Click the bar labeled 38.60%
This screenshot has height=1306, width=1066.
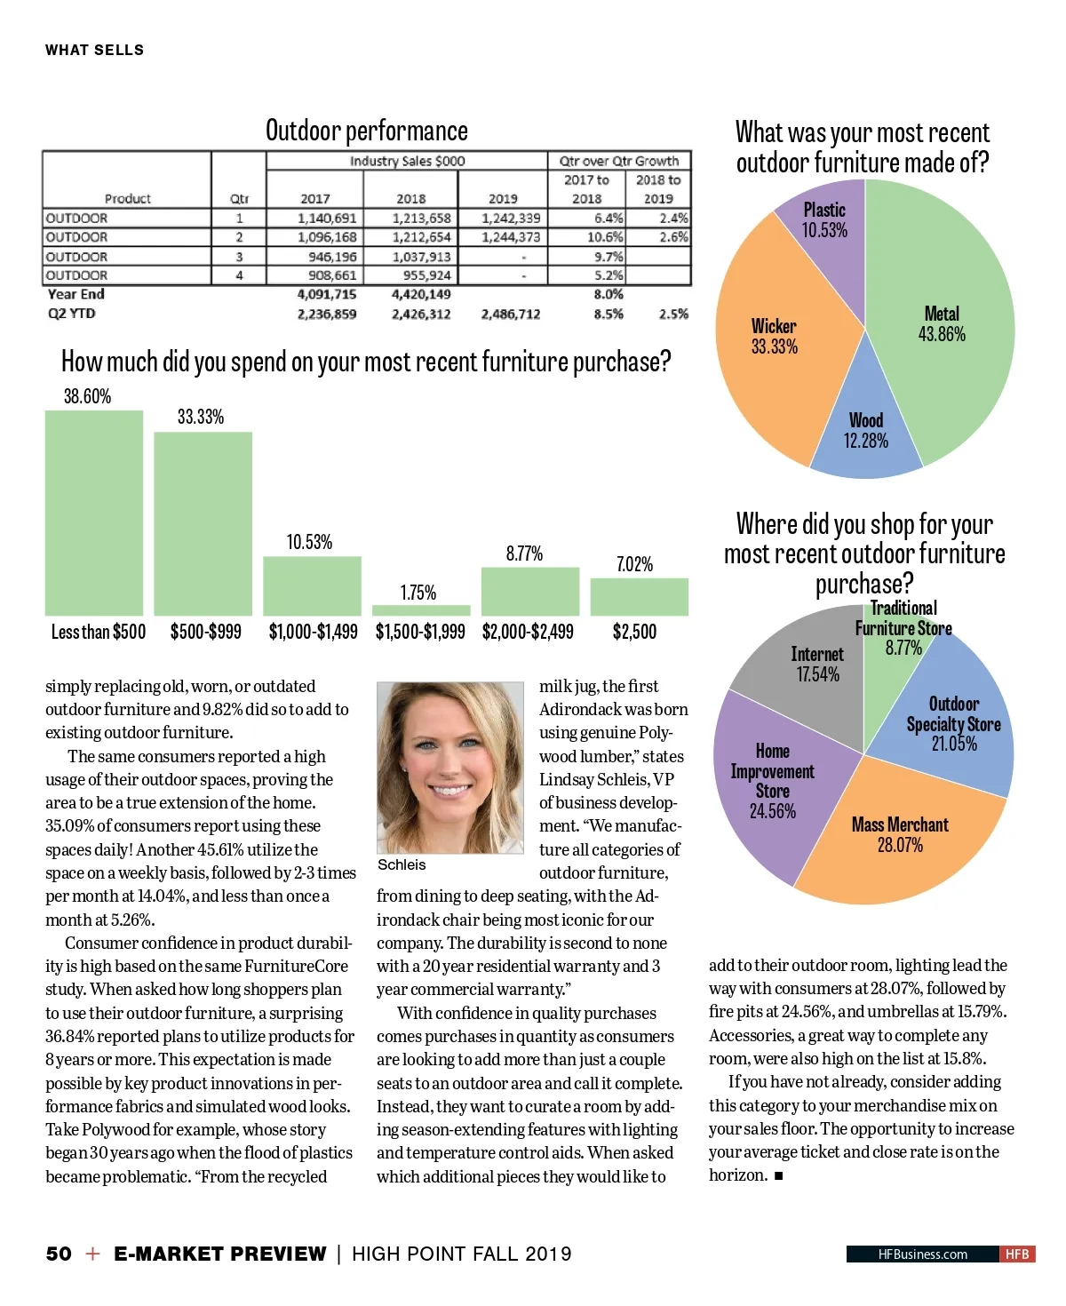point(93,513)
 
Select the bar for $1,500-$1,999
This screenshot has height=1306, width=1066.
point(420,610)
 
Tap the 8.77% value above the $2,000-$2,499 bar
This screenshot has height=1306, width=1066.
point(524,553)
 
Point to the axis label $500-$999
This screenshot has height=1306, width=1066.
point(205,632)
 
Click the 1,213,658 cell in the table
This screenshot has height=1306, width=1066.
point(421,218)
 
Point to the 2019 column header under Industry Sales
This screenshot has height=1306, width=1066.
point(503,198)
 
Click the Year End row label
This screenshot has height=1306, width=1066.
point(76,294)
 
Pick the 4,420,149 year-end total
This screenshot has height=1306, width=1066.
point(421,294)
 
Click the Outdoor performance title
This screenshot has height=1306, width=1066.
point(366,131)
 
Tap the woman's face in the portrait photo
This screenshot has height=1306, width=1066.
point(449,764)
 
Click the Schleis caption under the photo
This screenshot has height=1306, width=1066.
point(402,864)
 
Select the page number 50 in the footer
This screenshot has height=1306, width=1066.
point(59,1254)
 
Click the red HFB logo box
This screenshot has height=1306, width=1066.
point(1017,1254)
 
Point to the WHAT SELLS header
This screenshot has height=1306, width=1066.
point(94,50)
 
